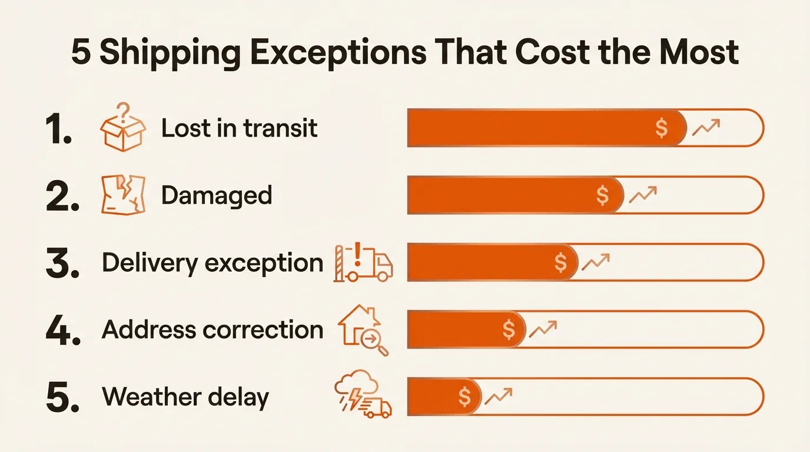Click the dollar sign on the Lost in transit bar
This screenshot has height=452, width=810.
click(662, 128)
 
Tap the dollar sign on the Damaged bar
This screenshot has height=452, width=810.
click(602, 195)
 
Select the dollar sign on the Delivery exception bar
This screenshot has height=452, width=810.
click(561, 262)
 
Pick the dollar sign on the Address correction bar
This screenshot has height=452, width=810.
click(509, 330)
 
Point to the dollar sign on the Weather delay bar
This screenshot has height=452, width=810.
click(465, 397)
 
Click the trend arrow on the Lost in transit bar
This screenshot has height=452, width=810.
click(706, 127)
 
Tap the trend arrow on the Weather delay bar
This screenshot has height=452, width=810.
click(498, 396)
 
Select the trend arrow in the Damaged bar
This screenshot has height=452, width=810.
click(643, 194)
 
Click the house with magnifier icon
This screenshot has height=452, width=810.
click(363, 330)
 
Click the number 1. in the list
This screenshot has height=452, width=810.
click(59, 129)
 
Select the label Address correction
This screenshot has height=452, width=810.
click(213, 330)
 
